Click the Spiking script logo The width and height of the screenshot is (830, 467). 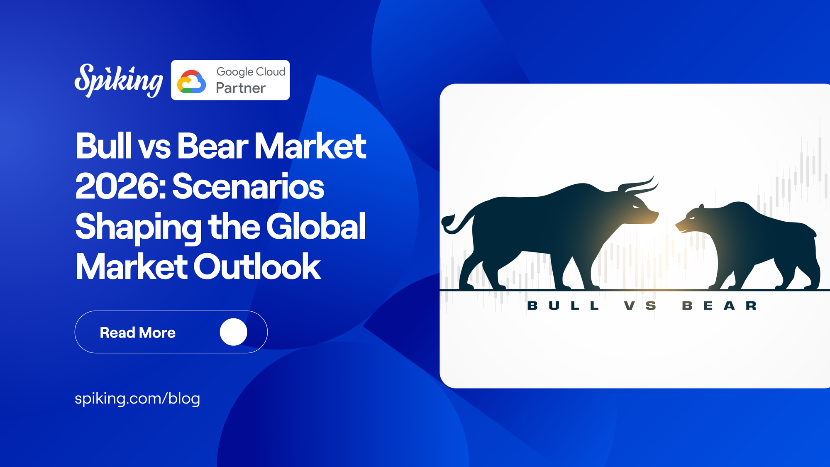(x=119, y=81)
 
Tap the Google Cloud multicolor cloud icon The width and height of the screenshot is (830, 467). (x=191, y=81)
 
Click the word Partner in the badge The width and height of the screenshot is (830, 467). (x=241, y=88)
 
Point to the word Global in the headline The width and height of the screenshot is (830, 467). (x=316, y=227)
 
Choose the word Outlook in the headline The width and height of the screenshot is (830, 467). (x=257, y=267)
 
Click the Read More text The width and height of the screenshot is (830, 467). (x=137, y=333)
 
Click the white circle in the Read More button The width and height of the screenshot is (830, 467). (x=233, y=332)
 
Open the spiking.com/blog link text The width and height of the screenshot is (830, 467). (x=137, y=399)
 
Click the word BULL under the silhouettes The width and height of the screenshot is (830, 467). (x=563, y=306)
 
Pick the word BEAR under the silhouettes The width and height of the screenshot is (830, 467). (x=719, y=306)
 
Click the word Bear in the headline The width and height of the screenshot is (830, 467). (x=213, y=146)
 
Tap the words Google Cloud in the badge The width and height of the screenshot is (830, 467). (x=251, y=72)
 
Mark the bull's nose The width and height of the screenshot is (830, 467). (x=655, y=215)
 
